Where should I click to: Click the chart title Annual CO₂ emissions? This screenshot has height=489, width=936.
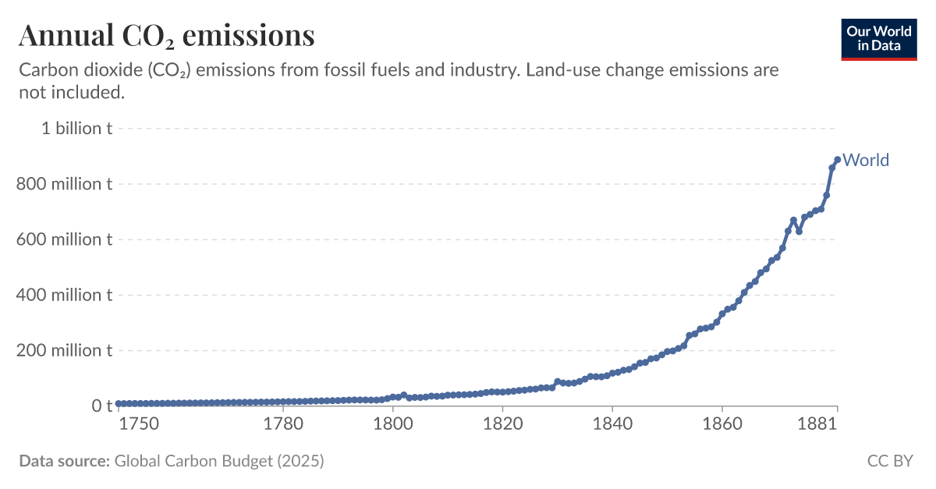[167, 35]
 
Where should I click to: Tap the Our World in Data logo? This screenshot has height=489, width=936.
[878, 36]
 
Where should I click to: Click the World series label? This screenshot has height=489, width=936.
[866, 160]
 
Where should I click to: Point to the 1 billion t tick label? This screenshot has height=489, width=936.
[76, 129]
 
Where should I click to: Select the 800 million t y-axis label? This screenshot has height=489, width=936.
[63, 184]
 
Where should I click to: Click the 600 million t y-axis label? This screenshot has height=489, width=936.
[63, 239]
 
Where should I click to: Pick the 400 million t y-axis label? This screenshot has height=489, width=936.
[63, 295]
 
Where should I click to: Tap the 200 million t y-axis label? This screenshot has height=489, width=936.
[63, 351]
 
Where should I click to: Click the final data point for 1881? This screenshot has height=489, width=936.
[837, 160]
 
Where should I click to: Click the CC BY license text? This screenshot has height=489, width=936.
[890, 461]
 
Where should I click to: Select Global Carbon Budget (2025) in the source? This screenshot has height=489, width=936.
[219, 461]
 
